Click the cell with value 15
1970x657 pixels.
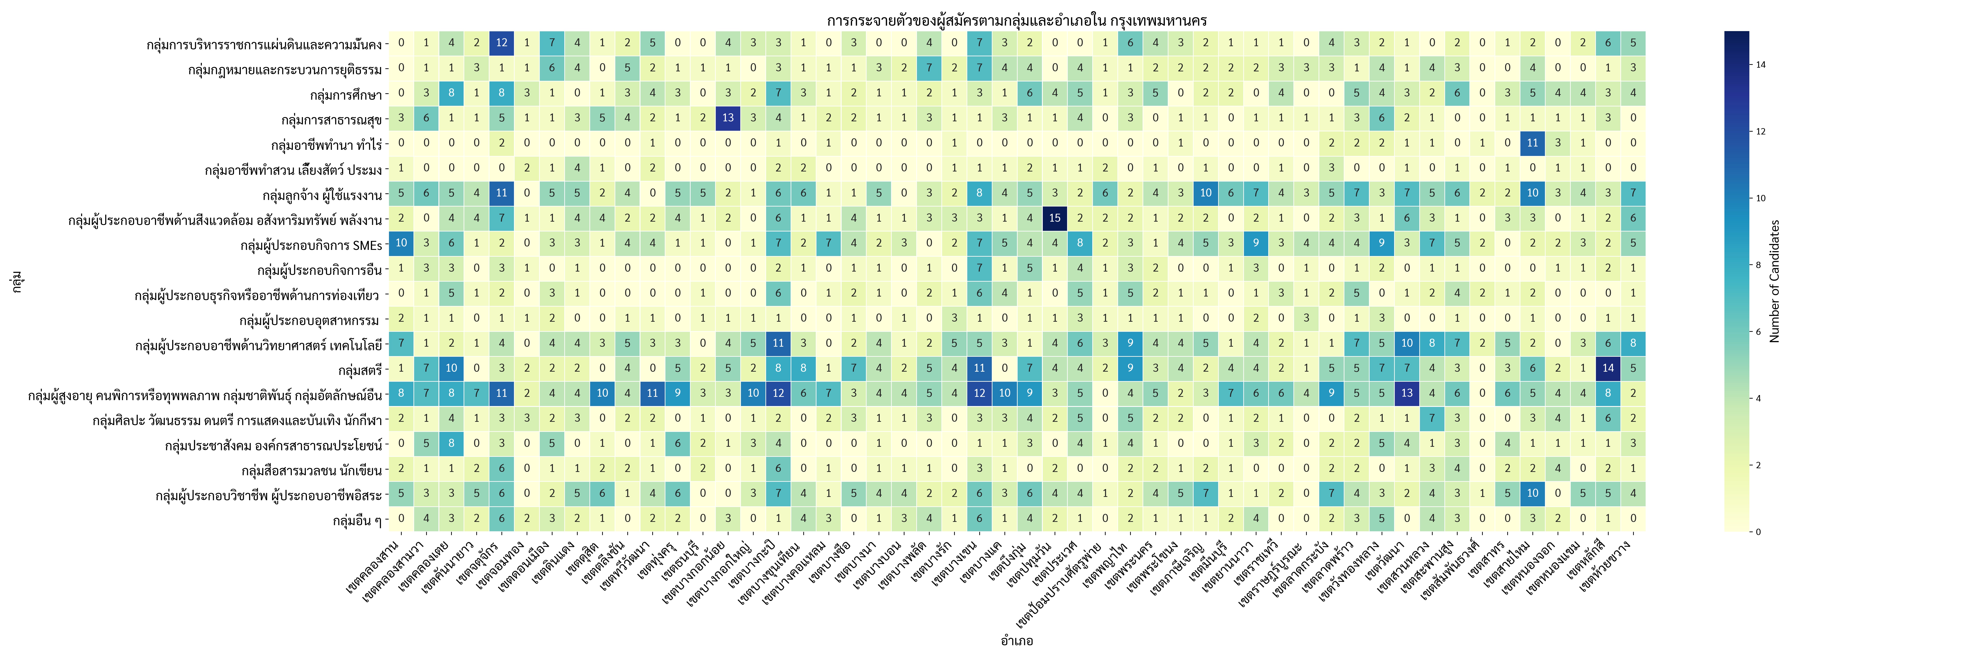pos(1055,218)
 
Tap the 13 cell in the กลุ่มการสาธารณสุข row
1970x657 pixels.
pos(728,118)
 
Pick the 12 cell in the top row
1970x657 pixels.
pos(502,43)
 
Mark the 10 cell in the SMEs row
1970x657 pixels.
pos(401,243)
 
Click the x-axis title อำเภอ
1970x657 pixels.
pos(1016,641)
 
